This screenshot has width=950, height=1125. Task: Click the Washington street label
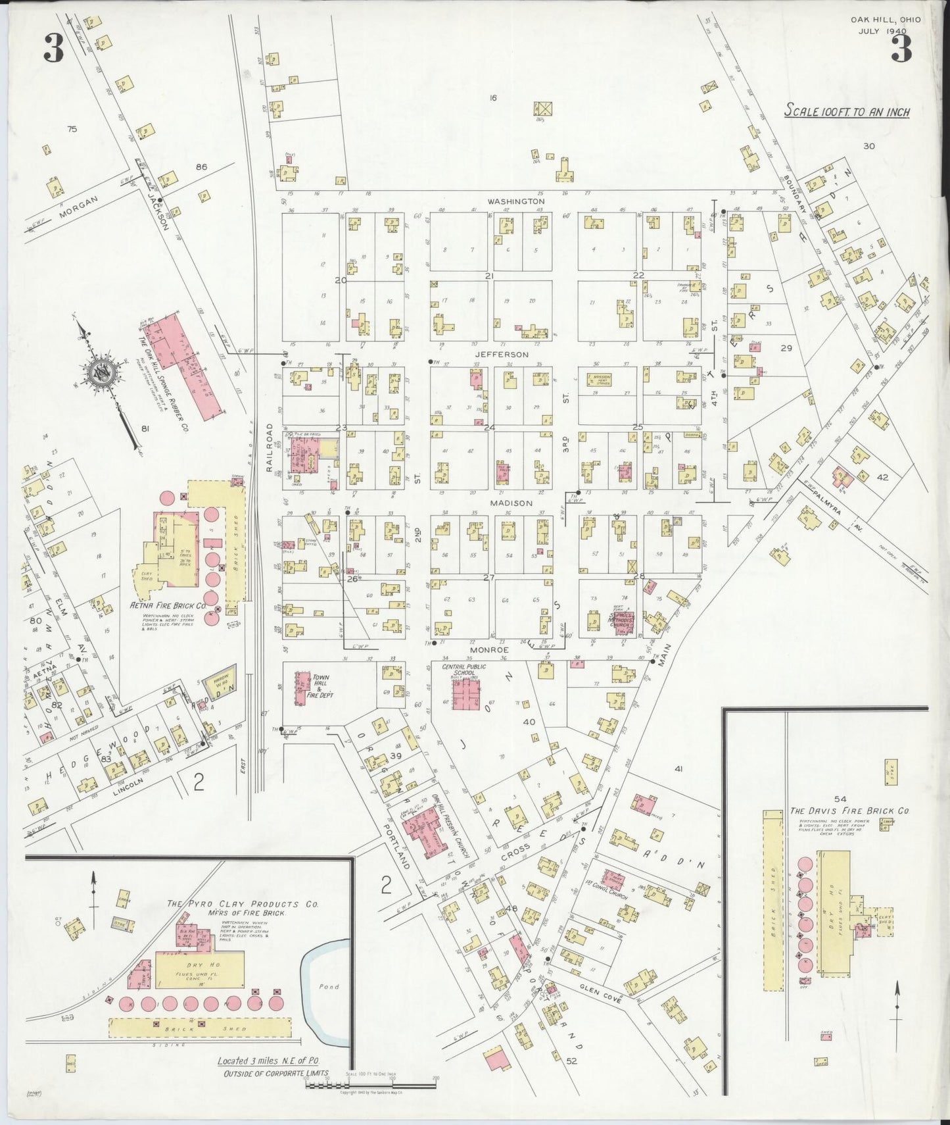tap(516, 201)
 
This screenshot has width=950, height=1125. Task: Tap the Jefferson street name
tap(502, 355)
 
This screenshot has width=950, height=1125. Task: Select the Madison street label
tap(510, 503)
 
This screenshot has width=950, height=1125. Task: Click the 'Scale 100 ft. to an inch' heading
tap(847, 112)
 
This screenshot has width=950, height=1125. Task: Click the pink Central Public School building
tap(468, 694)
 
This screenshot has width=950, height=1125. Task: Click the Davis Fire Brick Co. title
tap(849, 811)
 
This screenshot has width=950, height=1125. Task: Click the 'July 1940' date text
tap(882, 31)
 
